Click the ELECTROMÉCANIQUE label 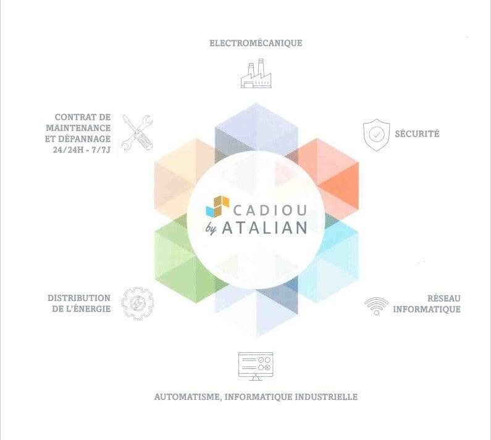click(256, 43)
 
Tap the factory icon click(256, 74)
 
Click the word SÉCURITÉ click(417, 133)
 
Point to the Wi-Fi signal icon click(376, 305)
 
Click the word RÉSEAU click(443, 298)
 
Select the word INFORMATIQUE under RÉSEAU click(427, 309)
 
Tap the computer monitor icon click(256, 365)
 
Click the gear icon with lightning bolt click(138, 303)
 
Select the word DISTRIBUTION click(79, 298)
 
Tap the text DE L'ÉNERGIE click(82, 309)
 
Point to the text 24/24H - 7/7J click(82, 150)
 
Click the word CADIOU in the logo click(269, 205)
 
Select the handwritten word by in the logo click(212, 229)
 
